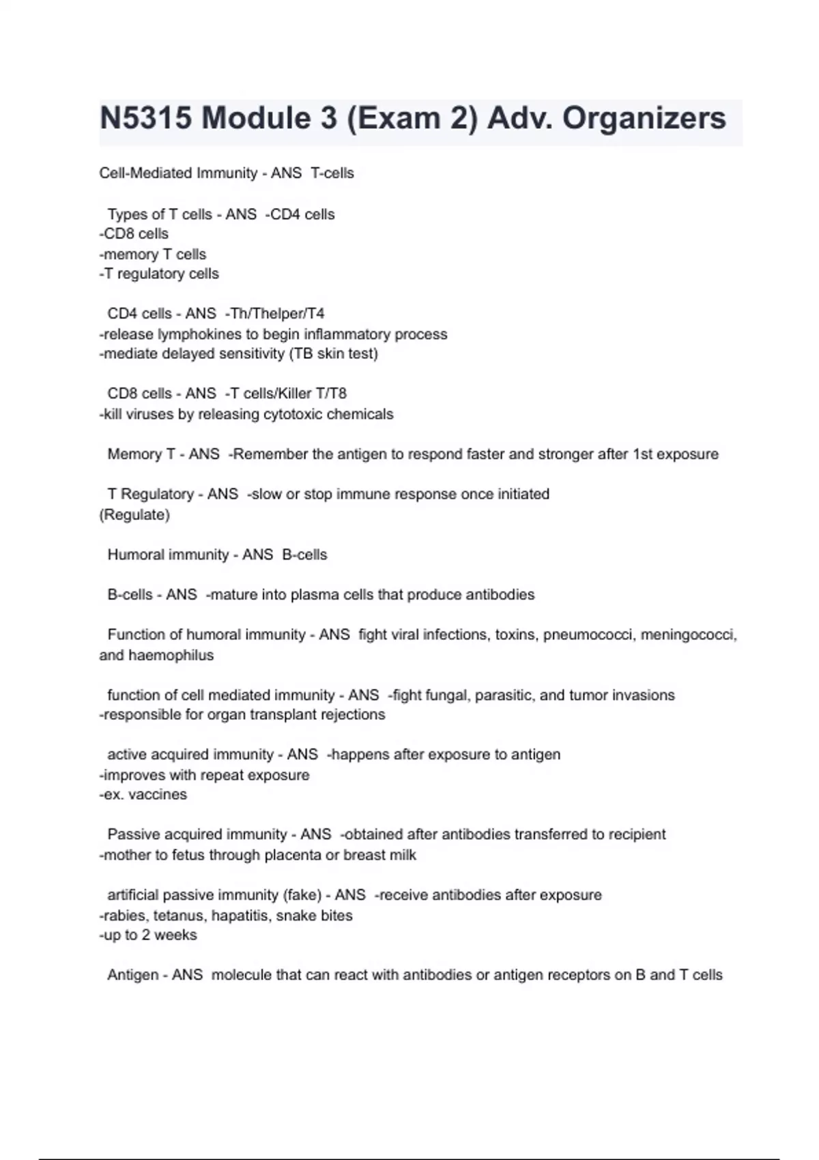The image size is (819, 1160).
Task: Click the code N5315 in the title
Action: pos(147,119)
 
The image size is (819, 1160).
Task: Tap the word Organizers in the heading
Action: pos(644,119)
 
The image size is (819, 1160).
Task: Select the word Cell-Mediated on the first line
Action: pos(144,173)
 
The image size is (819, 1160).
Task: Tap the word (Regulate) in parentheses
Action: pos(134,514)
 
